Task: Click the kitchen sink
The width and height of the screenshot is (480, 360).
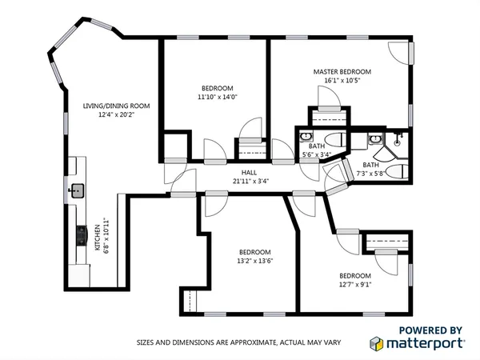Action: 78,190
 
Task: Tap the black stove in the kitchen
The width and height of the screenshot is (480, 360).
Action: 80,235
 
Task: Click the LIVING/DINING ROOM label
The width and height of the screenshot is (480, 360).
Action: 117,106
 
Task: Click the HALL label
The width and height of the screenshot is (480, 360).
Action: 250,172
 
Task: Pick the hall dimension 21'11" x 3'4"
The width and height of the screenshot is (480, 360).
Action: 250,181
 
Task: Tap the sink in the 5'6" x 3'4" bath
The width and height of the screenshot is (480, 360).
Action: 305,138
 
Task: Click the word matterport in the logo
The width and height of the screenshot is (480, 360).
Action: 427,344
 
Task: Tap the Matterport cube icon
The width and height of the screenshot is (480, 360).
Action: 377,343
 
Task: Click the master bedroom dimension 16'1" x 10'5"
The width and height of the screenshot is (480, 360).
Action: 342,80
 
